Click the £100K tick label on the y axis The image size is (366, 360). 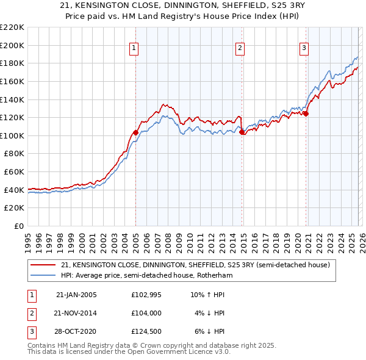click(12, 135)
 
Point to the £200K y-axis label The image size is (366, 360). click(12, 45)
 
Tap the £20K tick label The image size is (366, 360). click(14, 208)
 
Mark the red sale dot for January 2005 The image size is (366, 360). click(135, 132)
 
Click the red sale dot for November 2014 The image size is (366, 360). click(242, 131)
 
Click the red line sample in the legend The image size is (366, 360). click(43, 265)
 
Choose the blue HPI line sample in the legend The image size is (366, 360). click(43, 276)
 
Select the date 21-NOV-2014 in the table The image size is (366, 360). click(76, 313)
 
